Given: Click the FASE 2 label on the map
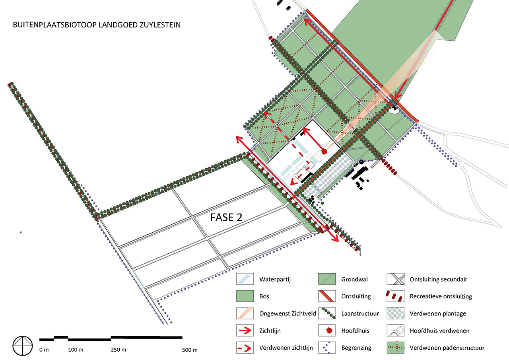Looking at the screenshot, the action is (x=226, y=218).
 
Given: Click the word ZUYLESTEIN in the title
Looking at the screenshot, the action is (x=160, y=25).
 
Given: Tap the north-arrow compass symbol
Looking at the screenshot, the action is (x=23, y=346).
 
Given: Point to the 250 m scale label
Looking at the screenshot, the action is (x=119, y=350).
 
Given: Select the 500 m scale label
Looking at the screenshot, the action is (x=190, y=350).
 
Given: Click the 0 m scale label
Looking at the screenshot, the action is (x=44, y=350).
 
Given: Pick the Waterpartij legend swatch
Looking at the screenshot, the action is (x=245, y=279).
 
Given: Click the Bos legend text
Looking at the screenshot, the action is (x=264, y=296).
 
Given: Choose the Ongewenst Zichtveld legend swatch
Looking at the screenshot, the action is (x=245, y=313).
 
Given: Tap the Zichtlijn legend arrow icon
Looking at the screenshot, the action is (x=245, y=331).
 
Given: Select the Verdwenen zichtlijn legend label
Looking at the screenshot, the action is (x=286, y=348).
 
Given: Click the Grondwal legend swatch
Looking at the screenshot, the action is (x=327, y=279).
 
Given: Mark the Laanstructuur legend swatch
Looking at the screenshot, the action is (x=327, y=313).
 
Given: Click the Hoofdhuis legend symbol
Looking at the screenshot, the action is (x=329, y=331).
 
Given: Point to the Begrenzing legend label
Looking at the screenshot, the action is (x=356, y=348).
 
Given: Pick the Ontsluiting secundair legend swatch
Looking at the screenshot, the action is (x=396, y=279).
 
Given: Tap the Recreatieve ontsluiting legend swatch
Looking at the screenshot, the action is (x=396, y=296).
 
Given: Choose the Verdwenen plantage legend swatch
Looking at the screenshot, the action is (x=396, y=313).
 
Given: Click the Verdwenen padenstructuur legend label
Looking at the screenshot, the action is (x=447, y=348).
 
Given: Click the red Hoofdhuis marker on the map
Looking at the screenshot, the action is (x=324, y=152).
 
